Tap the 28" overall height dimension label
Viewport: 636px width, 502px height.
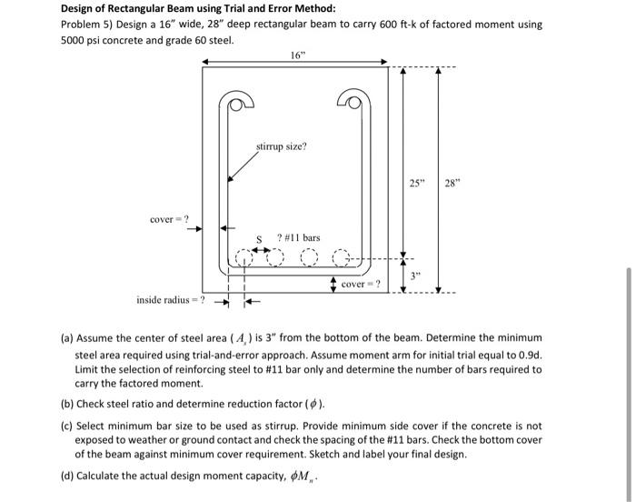point(452,185)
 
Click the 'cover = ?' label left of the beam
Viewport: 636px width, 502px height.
point(169,218)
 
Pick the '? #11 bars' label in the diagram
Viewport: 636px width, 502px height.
point(299,238)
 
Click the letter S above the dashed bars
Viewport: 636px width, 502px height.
point(259,240)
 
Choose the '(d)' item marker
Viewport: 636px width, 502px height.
point(67,476)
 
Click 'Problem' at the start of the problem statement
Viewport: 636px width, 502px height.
point(81,25)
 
